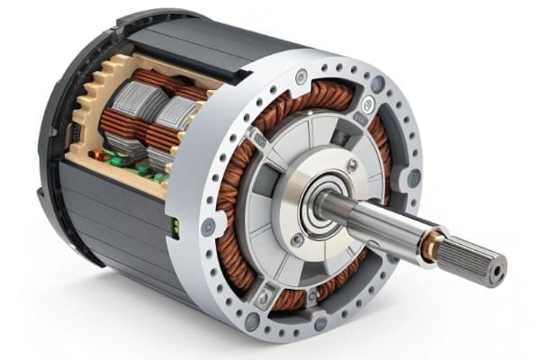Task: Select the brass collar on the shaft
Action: [433, 241]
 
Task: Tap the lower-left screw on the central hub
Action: [296, 239]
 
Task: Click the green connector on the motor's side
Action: [175, 227]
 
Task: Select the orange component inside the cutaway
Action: [97, 154]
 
